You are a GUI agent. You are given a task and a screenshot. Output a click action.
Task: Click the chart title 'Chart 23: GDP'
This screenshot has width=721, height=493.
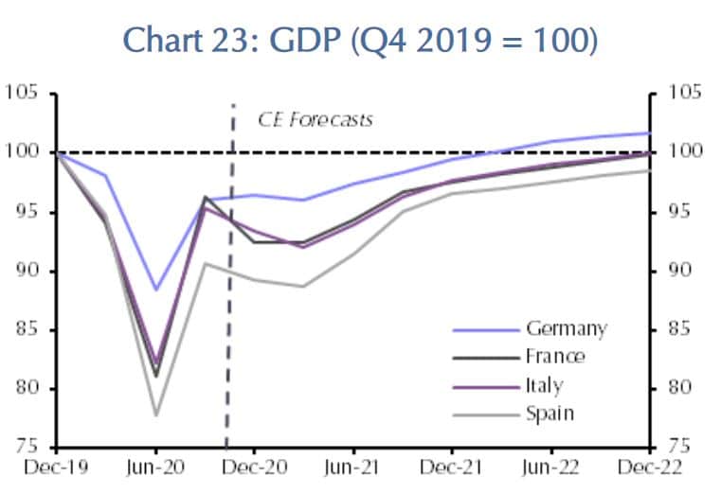point(361,41)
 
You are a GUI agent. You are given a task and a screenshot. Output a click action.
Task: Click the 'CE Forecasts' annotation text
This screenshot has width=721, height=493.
point(315,120)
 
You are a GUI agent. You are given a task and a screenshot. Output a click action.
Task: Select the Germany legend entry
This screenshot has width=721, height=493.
point(566,329)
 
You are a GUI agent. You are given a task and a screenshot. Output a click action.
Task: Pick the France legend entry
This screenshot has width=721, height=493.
point(555,357)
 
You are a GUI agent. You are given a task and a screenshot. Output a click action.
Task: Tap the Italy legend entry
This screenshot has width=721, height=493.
point(544,385)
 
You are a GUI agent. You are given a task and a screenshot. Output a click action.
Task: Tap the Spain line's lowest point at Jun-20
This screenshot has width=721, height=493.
point(156,414)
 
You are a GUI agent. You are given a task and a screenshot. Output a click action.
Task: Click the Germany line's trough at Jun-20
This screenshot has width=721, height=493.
point(156,290)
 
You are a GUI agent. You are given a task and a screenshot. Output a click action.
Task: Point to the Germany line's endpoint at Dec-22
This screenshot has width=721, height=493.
point(649,133)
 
